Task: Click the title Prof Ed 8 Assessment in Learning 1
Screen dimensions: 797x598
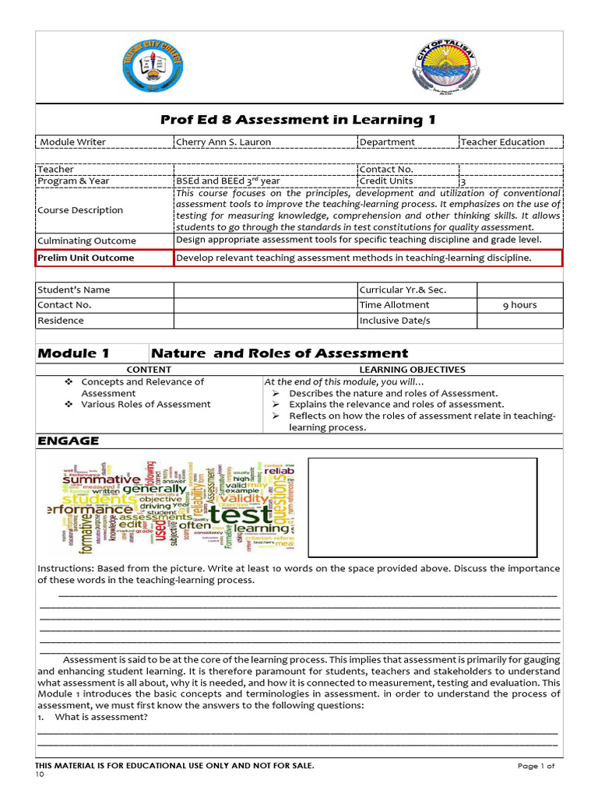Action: click(x=297, y=119)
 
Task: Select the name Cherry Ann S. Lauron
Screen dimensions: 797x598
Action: click(x=218, y=142)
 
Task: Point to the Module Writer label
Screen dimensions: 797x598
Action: click(x=73, y=142)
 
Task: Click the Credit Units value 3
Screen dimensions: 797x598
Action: click(x=463, y=181)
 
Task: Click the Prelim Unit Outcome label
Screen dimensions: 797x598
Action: click(x=86, y=258)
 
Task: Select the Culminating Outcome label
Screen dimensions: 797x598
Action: click(x=86, y=241)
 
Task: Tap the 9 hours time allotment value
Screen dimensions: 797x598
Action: click(x=519, y=304)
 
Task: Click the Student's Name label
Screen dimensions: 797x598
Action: click(x=74, y=290)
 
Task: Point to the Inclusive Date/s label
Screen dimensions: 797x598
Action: click(x=394, y=320)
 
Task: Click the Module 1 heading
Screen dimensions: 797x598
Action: click(x=73, y=353)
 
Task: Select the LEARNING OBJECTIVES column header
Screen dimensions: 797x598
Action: click(x=412, y=370)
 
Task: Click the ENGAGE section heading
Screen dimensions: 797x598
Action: click(x=69, y=441)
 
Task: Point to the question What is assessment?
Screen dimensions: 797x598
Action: click(x=100, y=717)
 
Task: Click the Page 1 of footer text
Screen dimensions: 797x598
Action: click(x=536, y=766)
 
